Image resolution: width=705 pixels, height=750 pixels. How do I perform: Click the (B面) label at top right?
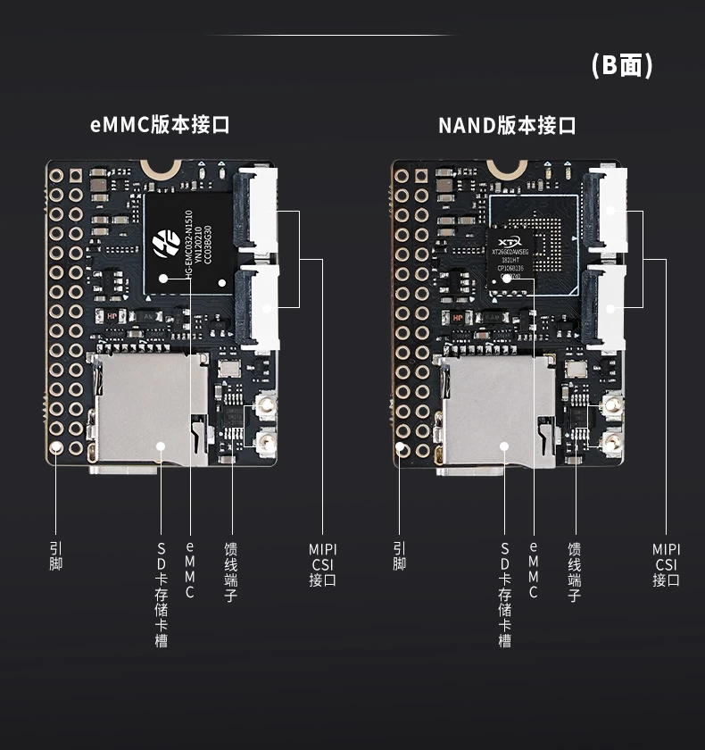coord(622,65)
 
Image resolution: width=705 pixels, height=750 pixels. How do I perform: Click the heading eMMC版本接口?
coord(160,125)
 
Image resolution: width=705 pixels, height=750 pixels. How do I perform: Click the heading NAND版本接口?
coord(506,125)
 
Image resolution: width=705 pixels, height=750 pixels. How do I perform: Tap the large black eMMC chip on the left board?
coord(188,242)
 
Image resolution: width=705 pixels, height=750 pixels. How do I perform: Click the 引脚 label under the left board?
coord(56,556)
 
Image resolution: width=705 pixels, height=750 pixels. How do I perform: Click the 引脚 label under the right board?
coord(399,556)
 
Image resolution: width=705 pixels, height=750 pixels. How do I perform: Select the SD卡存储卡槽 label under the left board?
coord(162,595)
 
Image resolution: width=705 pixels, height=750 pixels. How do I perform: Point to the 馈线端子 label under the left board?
coord(231,572)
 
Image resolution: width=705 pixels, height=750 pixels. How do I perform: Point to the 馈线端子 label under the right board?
coord(575,572)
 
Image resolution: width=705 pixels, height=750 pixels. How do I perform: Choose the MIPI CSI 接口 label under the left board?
coord(322,564)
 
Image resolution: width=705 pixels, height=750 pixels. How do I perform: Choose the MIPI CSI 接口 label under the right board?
coord(666,564)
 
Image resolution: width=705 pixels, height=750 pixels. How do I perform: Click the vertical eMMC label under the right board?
coord(534,571)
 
